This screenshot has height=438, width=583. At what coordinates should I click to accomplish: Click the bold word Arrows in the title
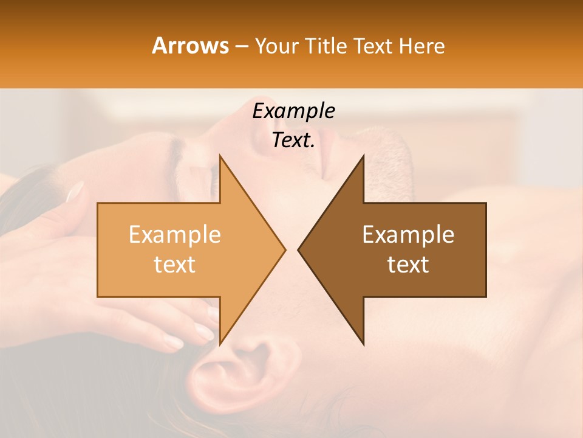click(191, 46)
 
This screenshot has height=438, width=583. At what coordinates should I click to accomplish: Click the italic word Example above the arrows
click(293, 111)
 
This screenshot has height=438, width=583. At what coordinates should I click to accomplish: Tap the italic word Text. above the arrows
click(293, 140)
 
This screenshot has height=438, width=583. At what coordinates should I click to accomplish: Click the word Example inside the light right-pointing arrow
click(174, 234)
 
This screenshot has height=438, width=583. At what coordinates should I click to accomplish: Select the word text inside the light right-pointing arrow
click(174, 264)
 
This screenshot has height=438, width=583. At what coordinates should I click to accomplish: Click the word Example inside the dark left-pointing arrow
click(408, 234)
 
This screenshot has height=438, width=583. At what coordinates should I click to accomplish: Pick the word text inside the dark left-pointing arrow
click(408, 264)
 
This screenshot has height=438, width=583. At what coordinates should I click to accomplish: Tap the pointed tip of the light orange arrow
click(284, 249)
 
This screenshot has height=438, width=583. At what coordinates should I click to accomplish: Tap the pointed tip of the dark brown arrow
click(299, 249)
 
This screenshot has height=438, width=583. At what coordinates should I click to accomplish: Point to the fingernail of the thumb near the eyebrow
click(75, 192)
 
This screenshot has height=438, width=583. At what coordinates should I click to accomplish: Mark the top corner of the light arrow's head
click(220, 156)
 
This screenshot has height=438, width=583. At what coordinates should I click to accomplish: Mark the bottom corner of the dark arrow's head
click(363, 344)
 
